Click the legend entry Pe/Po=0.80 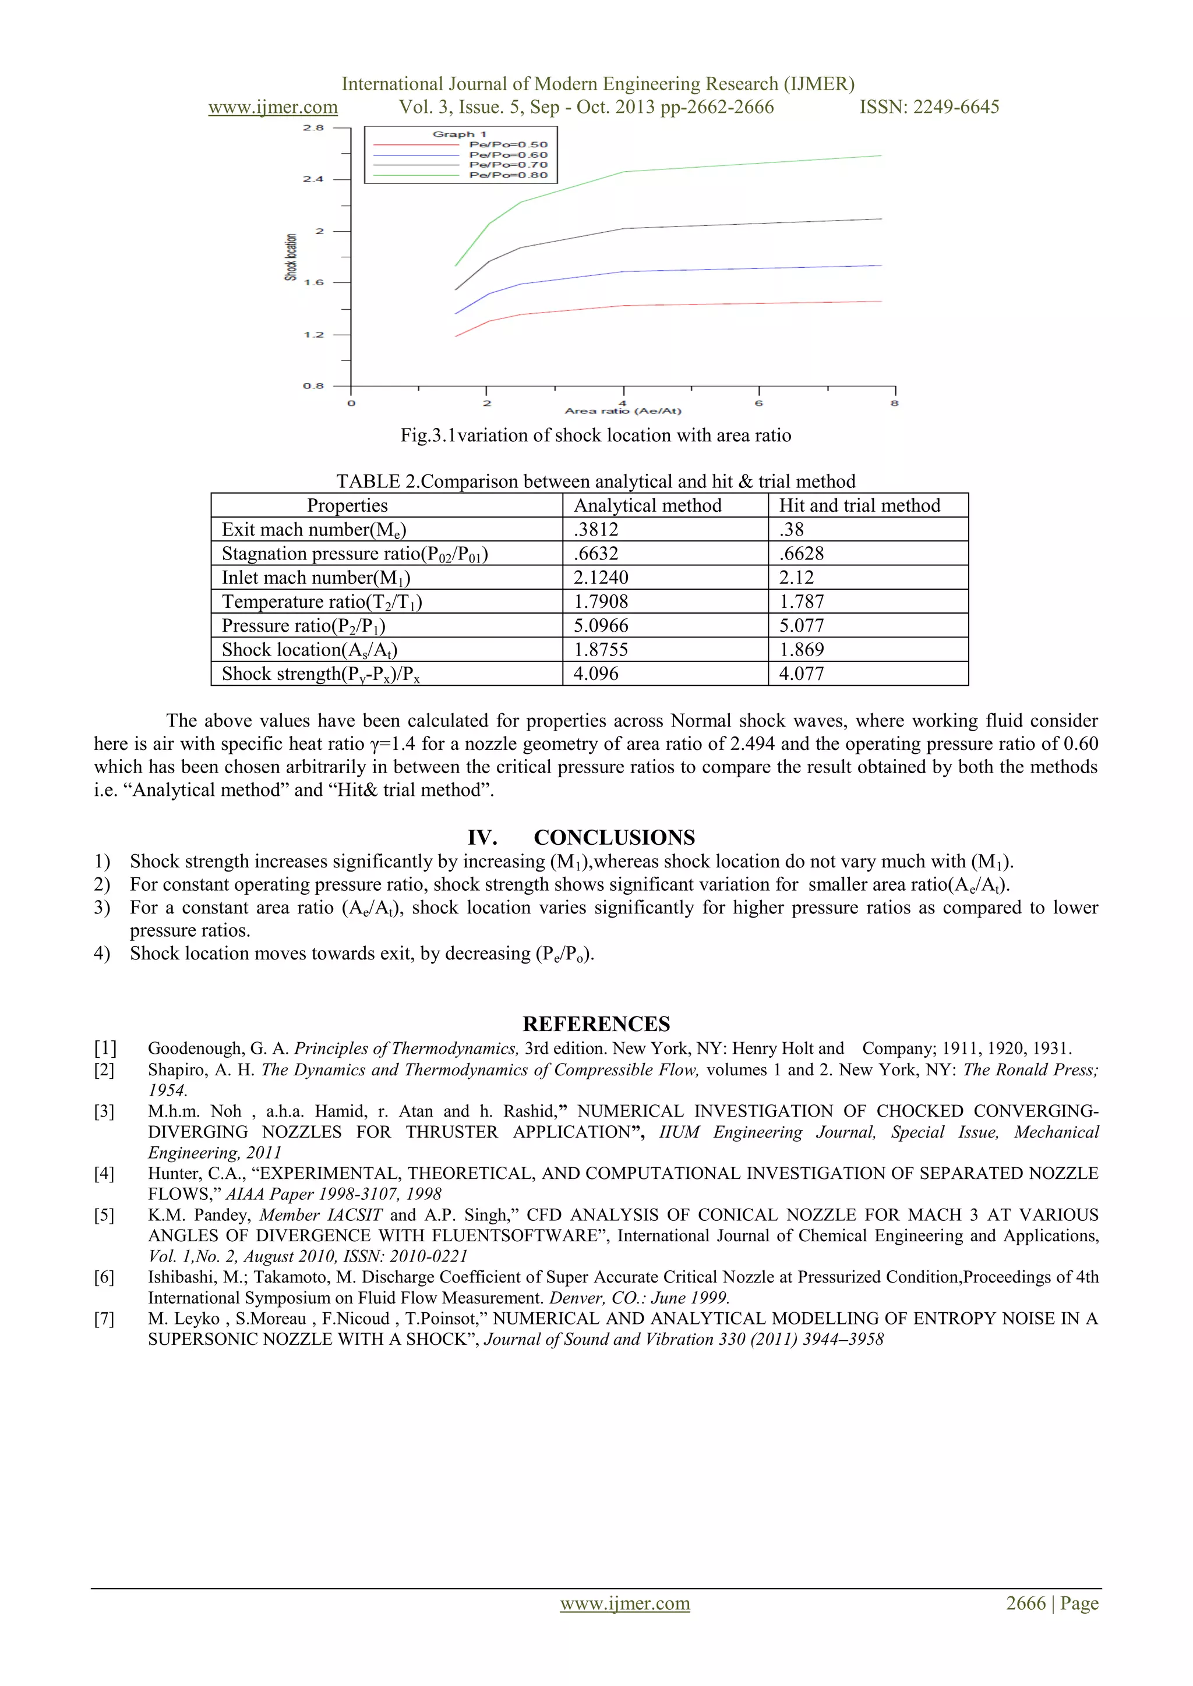pyautogui.click(x=509, y=175)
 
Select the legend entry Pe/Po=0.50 pyautogui.click(x=509, y=144)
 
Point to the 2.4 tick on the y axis pyautogui.click(x=313, y=179)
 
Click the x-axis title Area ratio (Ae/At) pyautogui.click(x=623, y=411)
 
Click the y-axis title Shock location pyautogui.click(x=291, y=257)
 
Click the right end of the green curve pyautogui.click(x=880, y=155)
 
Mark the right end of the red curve pyautogui.click(x=880, y=302)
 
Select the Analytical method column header pyautogui.click(x=647, y=505)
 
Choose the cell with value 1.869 pyautogui.click(x=802, y=650)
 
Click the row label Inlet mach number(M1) pyautogui.click(x=316, y=578)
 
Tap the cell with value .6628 pyautogui.click(x=802, y=554)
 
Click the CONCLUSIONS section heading pyautogui.click(x=614, y=838)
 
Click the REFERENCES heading pyautogui.click(x=596, y=1025)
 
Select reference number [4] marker pyautogui.click(x=104, y=1174)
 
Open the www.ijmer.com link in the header pyautogui.click(x=273, y=107)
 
